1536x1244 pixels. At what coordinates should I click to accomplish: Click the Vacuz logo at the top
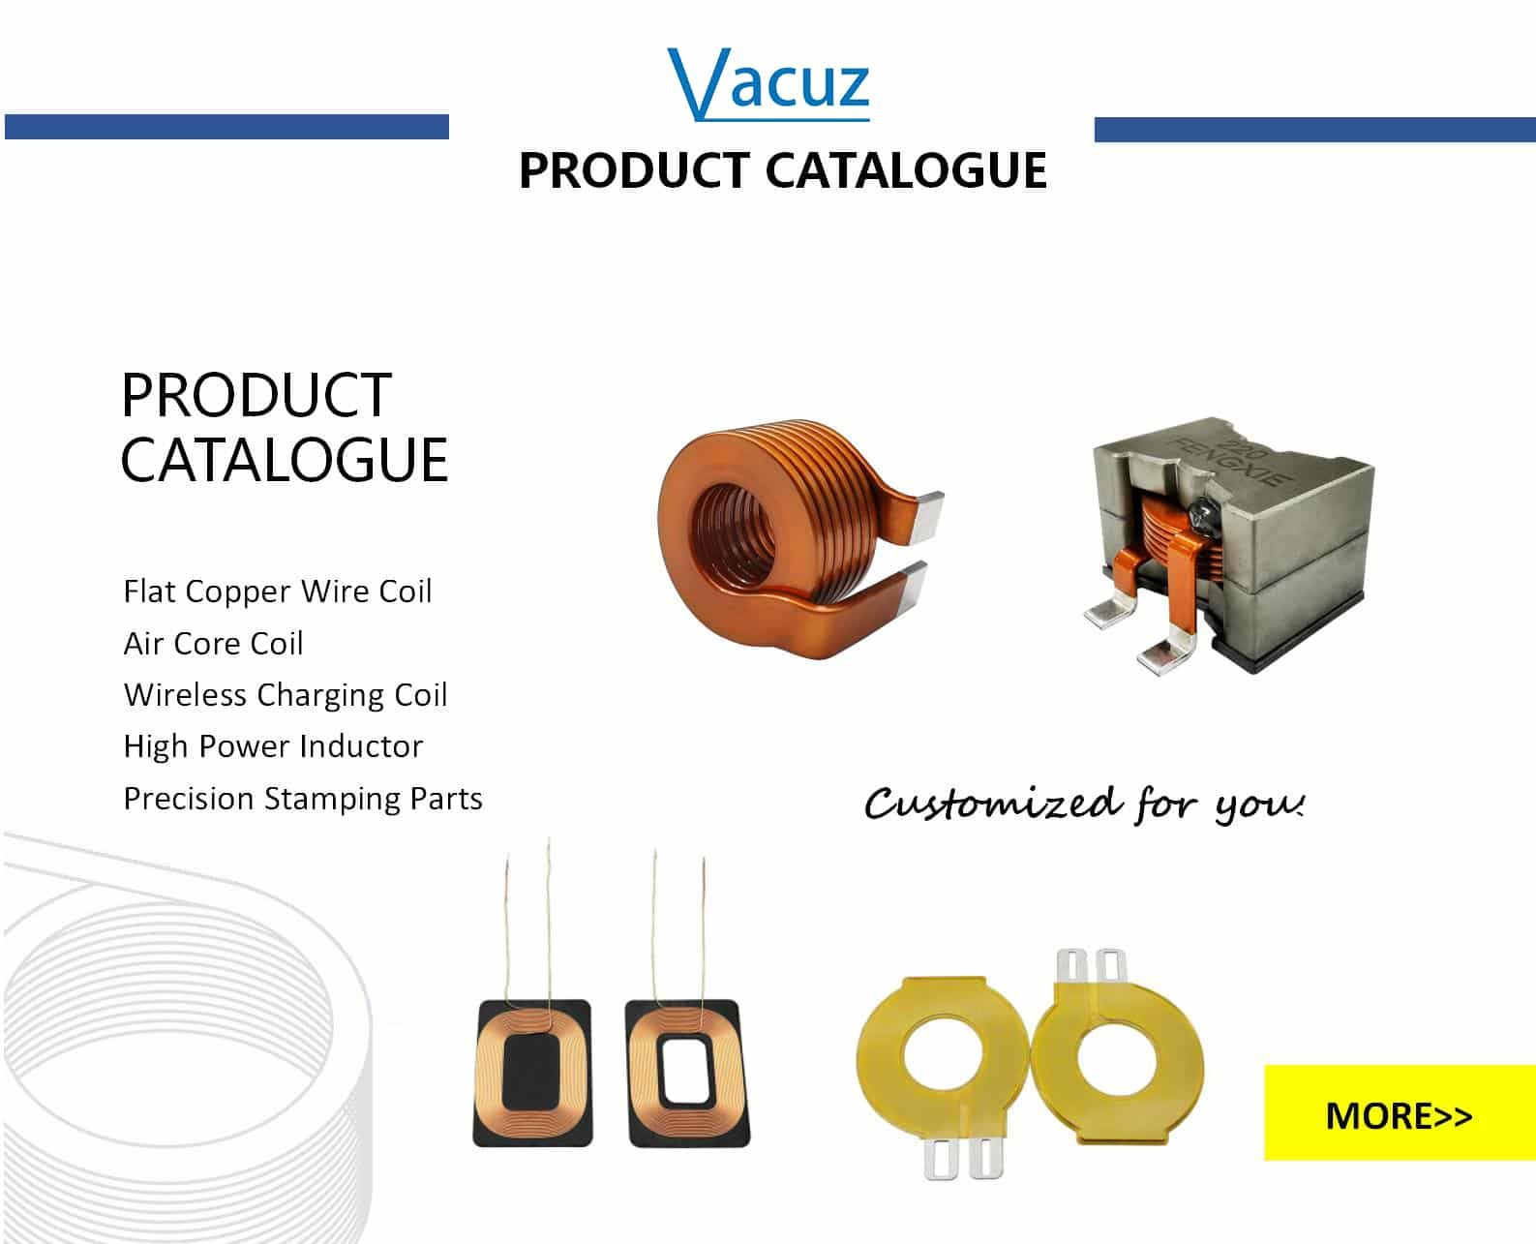tap(768, 84)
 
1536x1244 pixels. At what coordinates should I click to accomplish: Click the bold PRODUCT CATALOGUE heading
tap(783, 171)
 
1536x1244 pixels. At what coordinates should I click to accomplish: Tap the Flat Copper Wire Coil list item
tap(278, 592)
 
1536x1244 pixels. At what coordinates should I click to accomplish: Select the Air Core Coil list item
tap(214, 643)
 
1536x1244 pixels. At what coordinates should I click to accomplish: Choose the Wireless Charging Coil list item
tap(286, 695)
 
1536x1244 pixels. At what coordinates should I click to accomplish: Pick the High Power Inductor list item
tap(273, 746)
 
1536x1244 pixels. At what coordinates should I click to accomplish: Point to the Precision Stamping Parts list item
tap(303, 799)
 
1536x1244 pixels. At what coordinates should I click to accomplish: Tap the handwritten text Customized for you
tap(1085, 804)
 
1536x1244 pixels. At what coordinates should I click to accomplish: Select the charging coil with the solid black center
tap(533, 1073)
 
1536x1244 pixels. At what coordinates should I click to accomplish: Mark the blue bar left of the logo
tap(226, 126)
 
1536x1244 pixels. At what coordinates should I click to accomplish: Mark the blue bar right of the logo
tap(1314, 129)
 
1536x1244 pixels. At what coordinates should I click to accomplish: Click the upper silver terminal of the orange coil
tap(927, 515)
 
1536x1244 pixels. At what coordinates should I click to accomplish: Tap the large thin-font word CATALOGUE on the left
tap(285, 460)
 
